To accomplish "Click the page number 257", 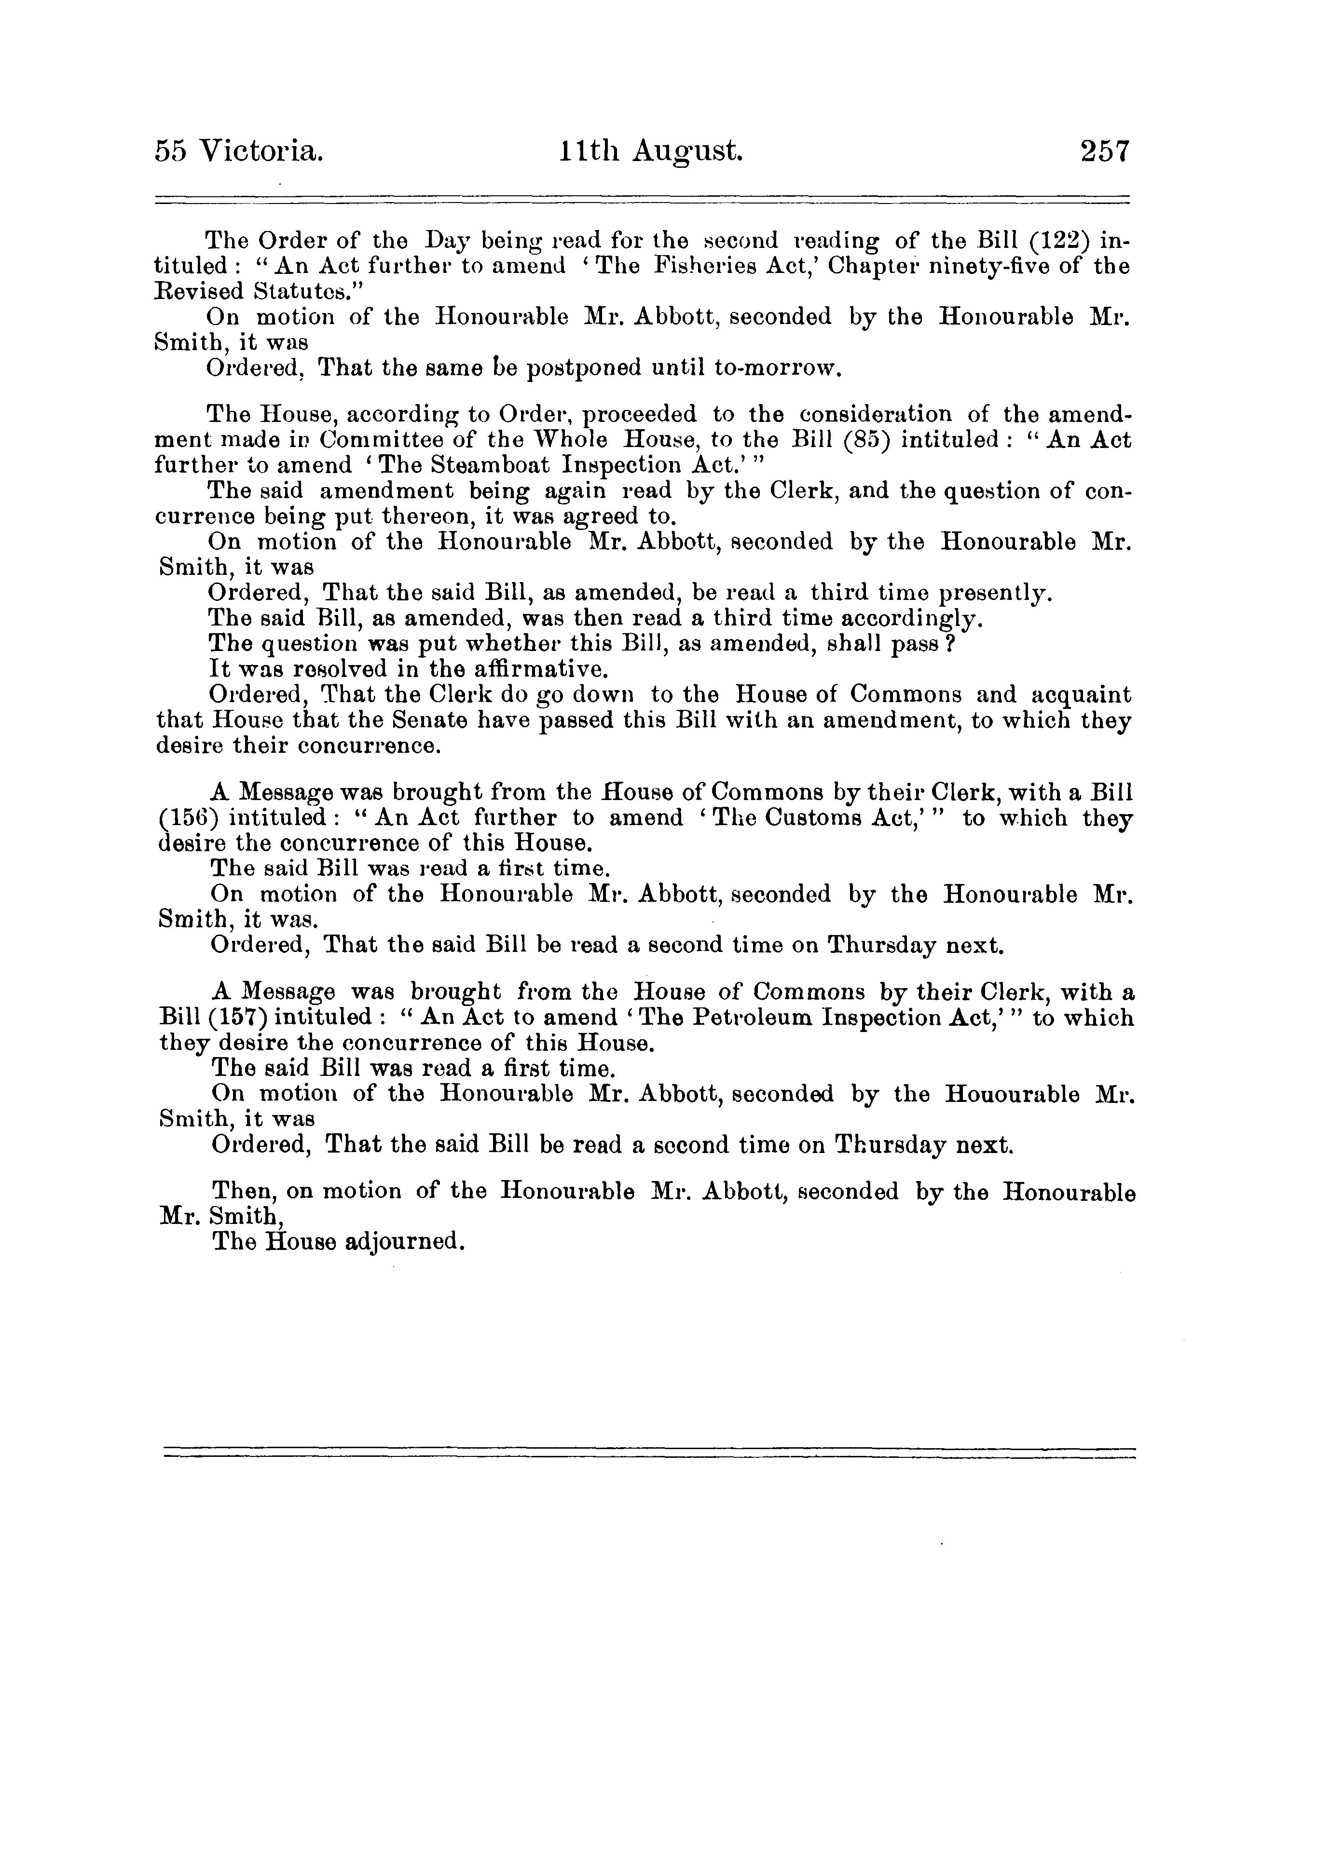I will point(1104,152).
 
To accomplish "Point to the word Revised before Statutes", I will point(201,291).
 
